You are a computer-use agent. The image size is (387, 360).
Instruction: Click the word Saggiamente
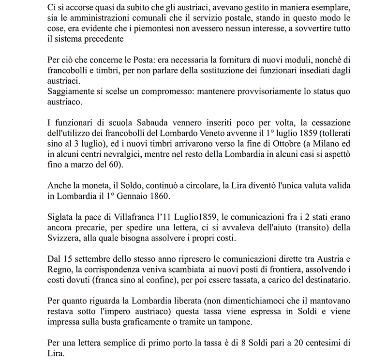pyautogui.click(x=71, y=92)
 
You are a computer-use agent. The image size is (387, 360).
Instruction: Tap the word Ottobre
pyautogui.click(x=269, y=144)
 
